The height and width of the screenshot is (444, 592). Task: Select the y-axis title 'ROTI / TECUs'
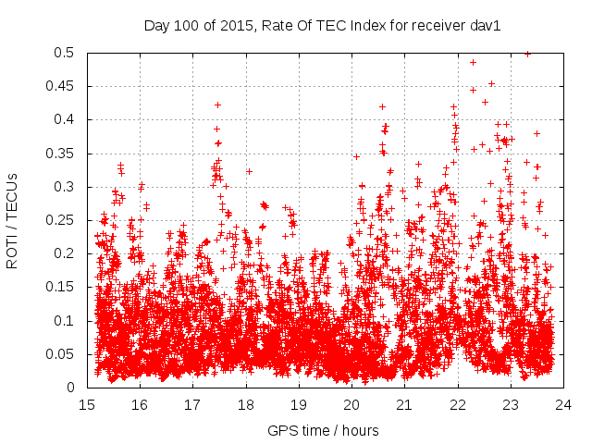pyautogui.click(x=12, y=219)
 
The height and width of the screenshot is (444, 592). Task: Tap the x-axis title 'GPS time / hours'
pyautogui.click(x=323, y=430)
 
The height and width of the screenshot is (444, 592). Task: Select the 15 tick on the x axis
pyautogui.click(x=87, y=404)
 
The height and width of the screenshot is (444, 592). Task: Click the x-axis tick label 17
pyautogui.click(x=192, y=404)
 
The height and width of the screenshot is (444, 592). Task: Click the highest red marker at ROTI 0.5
pyautogui.click(x=527, y=54)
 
